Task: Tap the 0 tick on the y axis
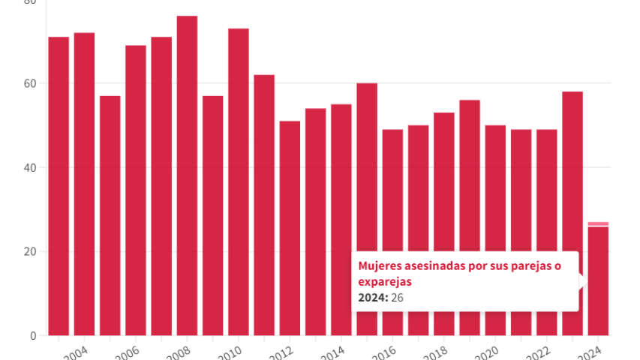32,335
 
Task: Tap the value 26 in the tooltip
398,297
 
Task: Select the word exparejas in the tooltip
385,281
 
